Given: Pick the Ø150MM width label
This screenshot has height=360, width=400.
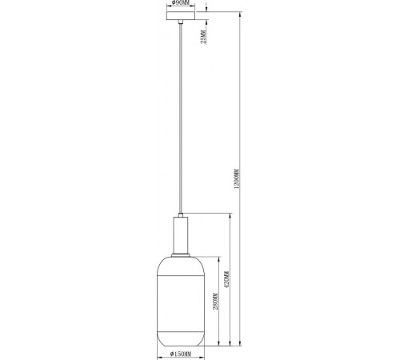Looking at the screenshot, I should click(179, 354).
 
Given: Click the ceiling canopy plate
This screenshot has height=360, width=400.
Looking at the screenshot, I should click(180, 15).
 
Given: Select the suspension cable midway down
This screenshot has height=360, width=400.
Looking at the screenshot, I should click(180, 120).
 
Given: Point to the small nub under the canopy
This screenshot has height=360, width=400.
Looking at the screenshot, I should click(180, 24).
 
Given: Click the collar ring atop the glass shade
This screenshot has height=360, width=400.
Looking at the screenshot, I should click(180, 256).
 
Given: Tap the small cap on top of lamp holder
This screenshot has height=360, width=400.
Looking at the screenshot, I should click(180, 214).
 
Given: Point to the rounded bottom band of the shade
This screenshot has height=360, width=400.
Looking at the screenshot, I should click(180, 335).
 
